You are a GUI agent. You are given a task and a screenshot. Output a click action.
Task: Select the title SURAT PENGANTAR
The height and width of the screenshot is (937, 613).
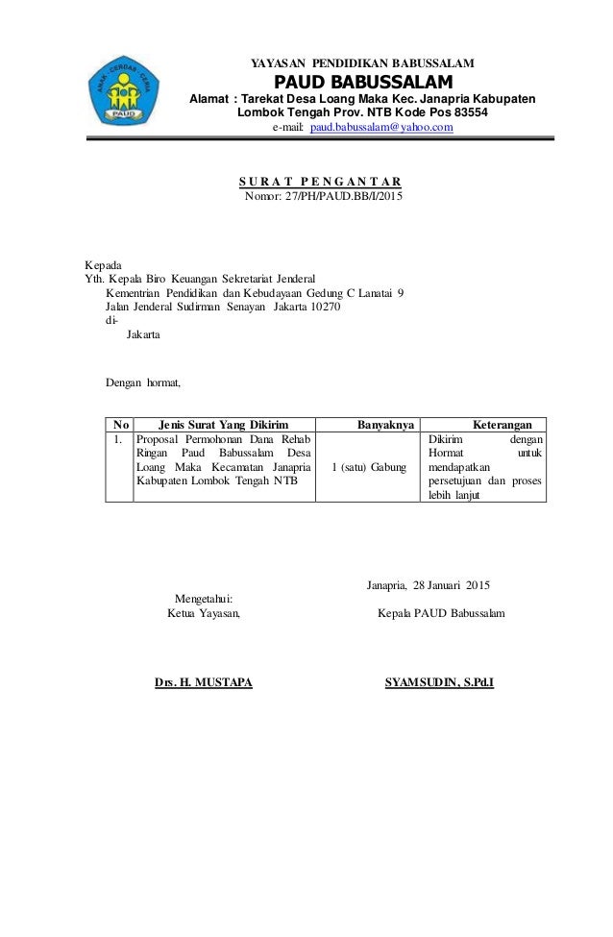(321, 182)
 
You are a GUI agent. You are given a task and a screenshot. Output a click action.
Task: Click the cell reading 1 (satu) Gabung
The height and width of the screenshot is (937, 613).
(368, 467)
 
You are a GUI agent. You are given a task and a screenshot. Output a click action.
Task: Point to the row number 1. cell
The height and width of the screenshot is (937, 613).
(117, 439)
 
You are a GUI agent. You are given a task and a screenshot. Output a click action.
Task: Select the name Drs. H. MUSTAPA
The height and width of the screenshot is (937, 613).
(204, 683)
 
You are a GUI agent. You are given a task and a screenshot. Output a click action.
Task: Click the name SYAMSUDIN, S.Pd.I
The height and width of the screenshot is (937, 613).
(439, 683)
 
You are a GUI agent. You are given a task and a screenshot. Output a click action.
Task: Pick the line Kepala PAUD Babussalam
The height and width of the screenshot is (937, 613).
(442, 612)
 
